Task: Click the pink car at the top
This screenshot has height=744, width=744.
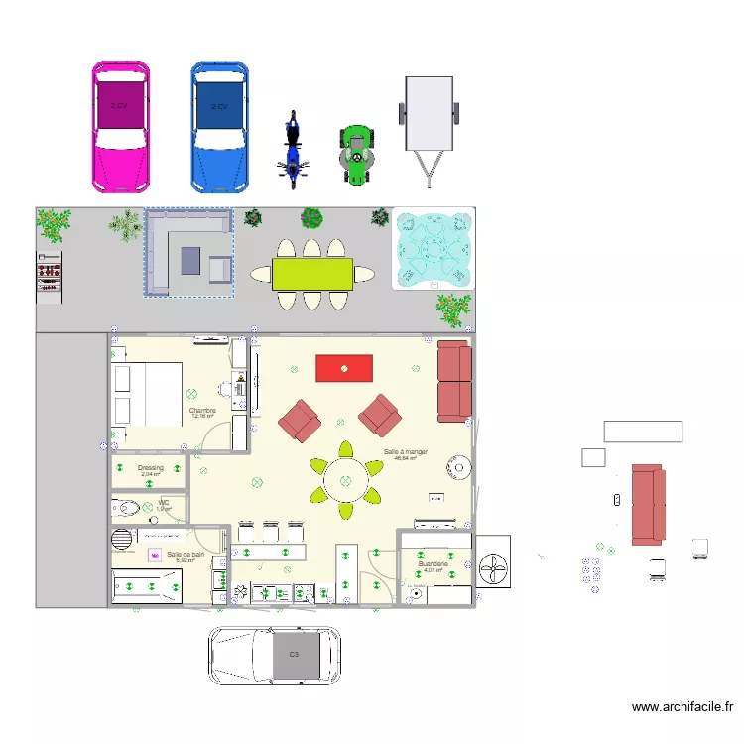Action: pyautogui.click(x=120, y=126)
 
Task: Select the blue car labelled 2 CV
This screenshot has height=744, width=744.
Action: pyautogui.click(x=219, y=126)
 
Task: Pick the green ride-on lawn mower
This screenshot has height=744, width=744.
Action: pyautogui.click(x=356, y=155)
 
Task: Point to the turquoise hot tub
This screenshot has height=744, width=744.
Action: pyautogui.click(x=434, y=249)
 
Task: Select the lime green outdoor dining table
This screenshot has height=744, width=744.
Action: pyautogui.click(x=311, y=274)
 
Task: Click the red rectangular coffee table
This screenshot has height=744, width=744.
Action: pyautogui.click(x=344, y=368)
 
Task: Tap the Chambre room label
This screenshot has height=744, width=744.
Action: pyautogui.click(x=202, y=410)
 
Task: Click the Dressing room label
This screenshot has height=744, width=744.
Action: pyautogui.click(x=151, y=467)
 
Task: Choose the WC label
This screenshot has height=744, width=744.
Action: pyautogui.click(x=164, y=503)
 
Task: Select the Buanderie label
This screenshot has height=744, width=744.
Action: pyautogui.click(x=434, y=563)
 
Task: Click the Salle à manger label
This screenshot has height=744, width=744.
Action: pyautogui.click(x=405, y=451)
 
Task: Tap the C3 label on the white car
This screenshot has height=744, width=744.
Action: pyautogui.click(x=294, y=655)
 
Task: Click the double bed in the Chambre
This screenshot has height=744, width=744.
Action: pyautogui.click(x=147, y=395)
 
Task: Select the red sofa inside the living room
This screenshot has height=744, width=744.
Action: pyautogui.click(x=453, y=381)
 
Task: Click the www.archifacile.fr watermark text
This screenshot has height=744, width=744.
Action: pyautogui.click(x=682, y=707)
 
